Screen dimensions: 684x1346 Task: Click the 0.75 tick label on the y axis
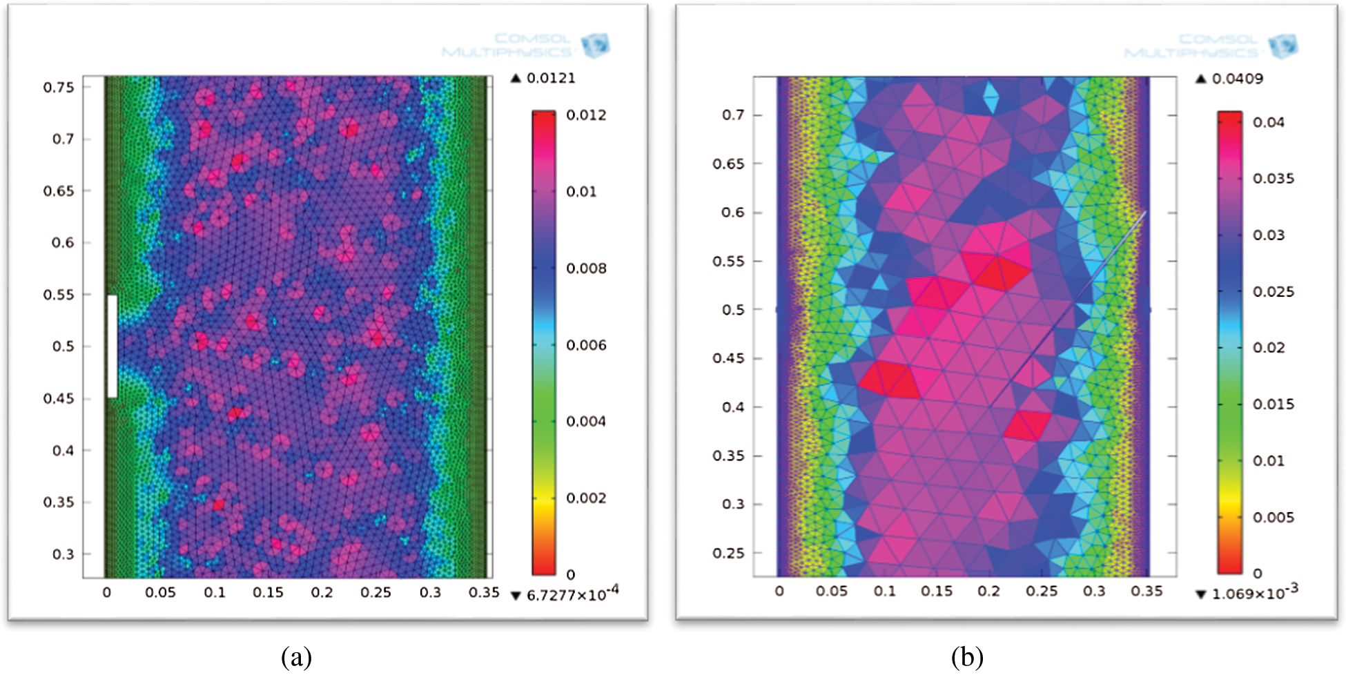(59, 88)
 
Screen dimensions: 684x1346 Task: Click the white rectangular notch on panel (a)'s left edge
(112, 346)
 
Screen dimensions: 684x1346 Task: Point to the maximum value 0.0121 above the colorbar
(550, 78)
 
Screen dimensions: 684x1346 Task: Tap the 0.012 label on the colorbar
(586, 115)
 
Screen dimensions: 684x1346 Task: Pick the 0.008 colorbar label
(586, 268)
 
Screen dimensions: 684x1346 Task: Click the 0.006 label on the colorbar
(586, 345)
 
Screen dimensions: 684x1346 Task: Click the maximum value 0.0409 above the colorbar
(1237, 79)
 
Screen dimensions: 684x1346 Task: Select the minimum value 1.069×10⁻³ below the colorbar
(1254, 592)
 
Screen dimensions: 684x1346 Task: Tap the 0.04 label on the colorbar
(1269, 122)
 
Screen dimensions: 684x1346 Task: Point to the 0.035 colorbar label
(1274, 179)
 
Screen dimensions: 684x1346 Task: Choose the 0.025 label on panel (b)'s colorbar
(1274, 291)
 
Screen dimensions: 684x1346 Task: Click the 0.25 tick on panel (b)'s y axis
(728, 554)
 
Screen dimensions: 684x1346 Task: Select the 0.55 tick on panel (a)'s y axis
(59, 295)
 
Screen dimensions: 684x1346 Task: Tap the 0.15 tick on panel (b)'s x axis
(936, 592)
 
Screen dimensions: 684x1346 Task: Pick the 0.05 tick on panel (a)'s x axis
(160, 592)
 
